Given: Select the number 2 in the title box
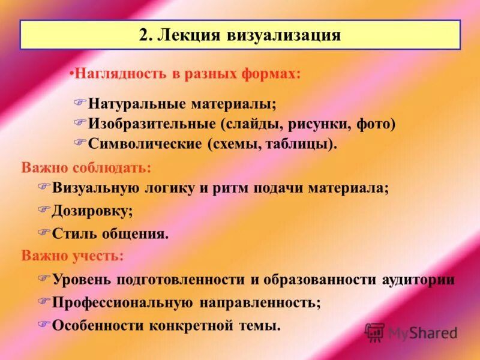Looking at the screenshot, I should point(143,35).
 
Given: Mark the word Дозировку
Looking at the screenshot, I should point(92,211).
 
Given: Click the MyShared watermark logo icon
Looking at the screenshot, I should point(375,332).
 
